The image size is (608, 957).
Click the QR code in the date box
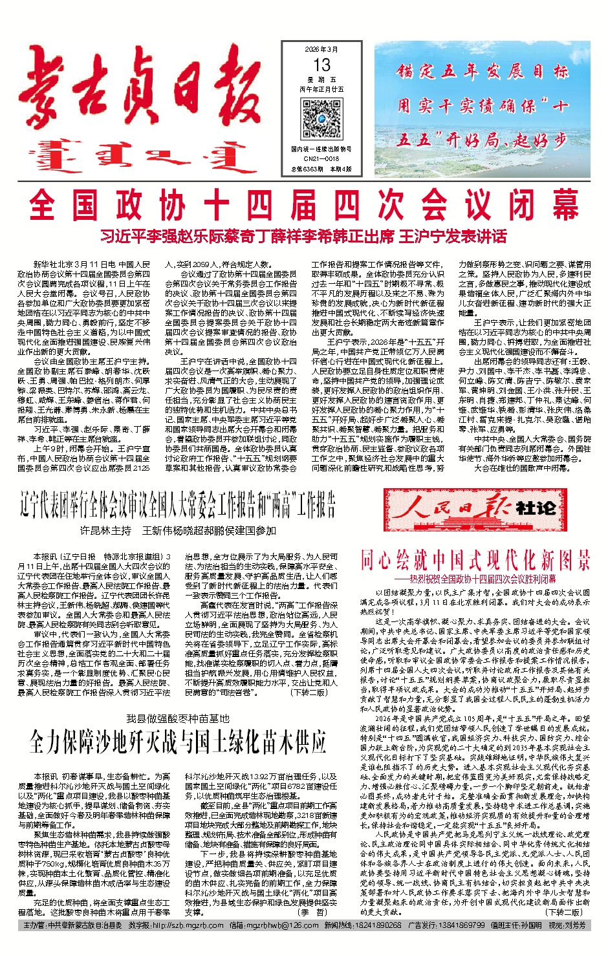coord(321,119)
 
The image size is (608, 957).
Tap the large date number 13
coord(321,65)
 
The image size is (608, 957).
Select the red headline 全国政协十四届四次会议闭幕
coord(304,206)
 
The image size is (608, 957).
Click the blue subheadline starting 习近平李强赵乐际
coord(304,237)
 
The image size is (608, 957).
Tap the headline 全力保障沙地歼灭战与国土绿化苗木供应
coord(177,743)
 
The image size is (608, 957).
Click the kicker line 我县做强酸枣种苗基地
coord(177,719)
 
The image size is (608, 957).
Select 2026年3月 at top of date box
coord(321,50)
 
